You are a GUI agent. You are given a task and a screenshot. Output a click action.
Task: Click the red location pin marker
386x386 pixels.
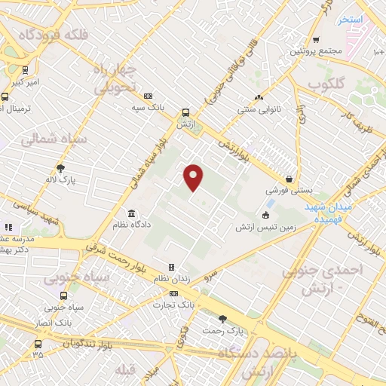tap(194, 177)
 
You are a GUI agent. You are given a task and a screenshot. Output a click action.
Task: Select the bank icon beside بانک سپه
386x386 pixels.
tap(148, 96)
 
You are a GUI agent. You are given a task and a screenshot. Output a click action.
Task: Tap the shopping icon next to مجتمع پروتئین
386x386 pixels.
tap(317, 40)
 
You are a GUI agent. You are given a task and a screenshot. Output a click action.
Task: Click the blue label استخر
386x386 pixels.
tap(351, 19)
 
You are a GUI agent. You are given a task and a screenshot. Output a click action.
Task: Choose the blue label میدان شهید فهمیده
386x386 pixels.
tap(329, 209)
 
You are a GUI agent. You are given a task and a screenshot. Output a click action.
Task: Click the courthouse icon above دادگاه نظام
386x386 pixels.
tap(132, 213)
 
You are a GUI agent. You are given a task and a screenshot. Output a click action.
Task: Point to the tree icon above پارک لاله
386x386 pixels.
tap(60, 169)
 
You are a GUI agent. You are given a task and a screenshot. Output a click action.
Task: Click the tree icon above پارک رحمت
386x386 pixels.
tap(222, 319)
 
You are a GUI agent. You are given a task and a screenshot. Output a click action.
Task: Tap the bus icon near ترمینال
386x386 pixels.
tap(6, 96)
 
